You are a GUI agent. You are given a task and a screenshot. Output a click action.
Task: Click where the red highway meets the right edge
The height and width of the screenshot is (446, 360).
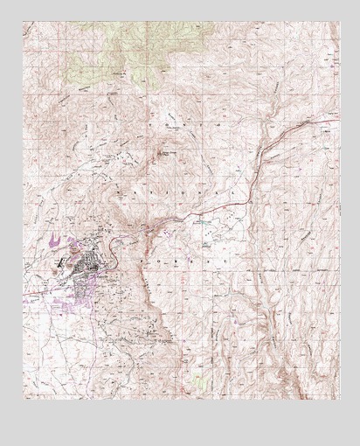click(338, 116)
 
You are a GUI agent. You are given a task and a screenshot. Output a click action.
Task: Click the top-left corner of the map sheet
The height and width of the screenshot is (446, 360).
click(24, 22)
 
